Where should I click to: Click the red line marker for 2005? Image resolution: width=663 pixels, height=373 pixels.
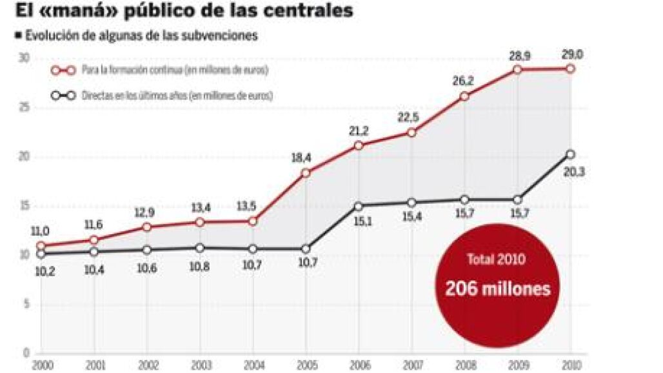(306, 173)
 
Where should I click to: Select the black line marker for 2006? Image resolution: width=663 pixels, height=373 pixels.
(359, 206)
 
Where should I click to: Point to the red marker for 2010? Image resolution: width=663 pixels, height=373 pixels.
(570, 68)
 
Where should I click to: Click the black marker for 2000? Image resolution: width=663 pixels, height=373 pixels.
(41, 254)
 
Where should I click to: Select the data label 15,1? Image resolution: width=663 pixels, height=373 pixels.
(359, 221)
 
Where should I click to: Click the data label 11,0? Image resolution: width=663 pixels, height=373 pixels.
(41, 231)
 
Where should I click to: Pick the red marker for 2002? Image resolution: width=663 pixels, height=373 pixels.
(147, 227)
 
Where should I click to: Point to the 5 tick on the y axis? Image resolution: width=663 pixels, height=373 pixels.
(26, 305)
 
